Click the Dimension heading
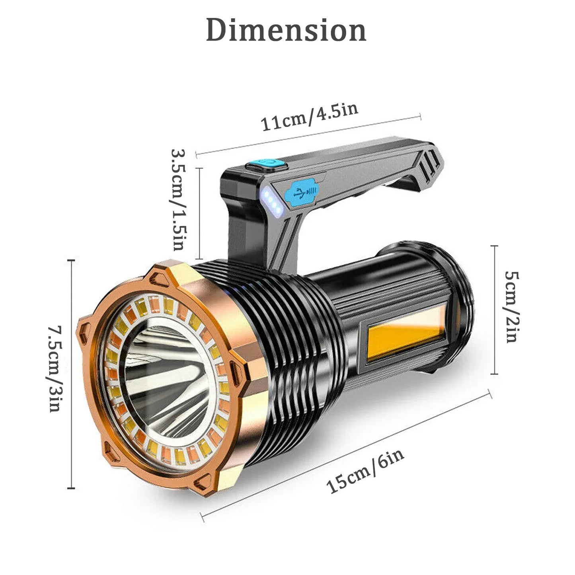click(286, 30)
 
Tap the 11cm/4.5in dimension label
click(309, 117)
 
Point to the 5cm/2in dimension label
click(511, 306)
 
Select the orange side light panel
click(404, 334)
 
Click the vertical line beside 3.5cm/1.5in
click(199, 214)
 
